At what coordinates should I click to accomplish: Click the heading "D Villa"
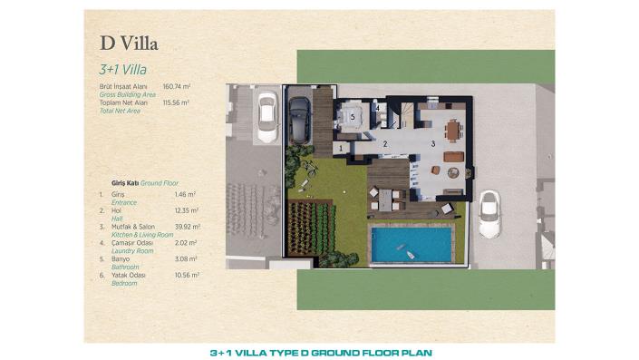point(124,43)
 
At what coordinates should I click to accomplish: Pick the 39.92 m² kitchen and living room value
point(187,226)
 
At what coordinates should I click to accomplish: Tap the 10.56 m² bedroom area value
point(186,275)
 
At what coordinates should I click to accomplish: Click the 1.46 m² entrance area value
point(185,194)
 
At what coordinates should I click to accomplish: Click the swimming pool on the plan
point(411,244)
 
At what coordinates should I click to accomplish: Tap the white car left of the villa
point(266,116)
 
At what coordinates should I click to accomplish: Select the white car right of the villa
point(489,214)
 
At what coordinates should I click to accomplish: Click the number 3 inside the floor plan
point(433,143)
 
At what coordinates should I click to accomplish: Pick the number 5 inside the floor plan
point(352,116)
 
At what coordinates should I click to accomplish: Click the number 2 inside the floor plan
point(384,143)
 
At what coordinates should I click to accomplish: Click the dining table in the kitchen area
point(451,129)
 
